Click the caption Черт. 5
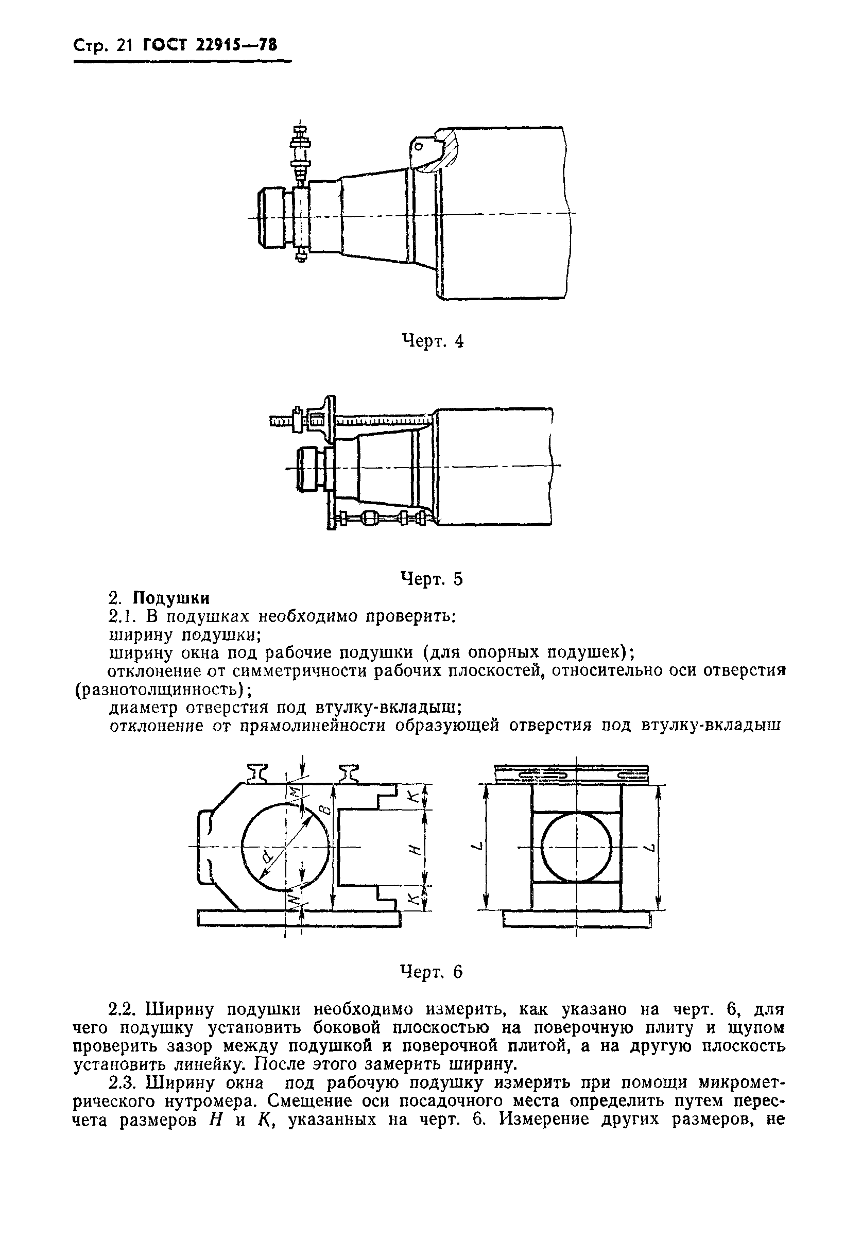tap(432, 579)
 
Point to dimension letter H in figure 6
tap(418, 847)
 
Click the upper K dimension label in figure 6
tap(417, 798)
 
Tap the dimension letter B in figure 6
tap(326, 811)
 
